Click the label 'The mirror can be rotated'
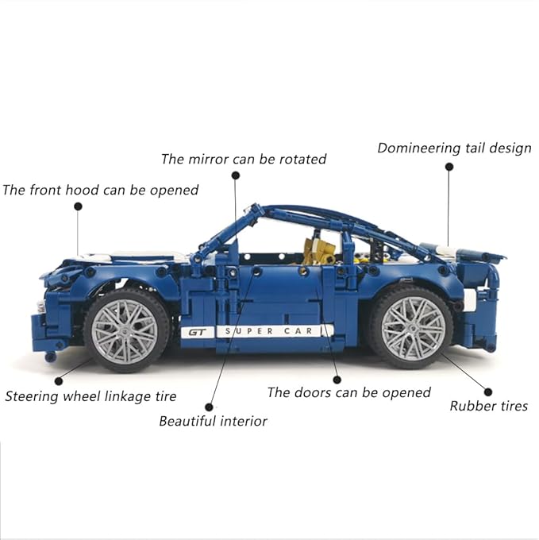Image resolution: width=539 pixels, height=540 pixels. point(244,159)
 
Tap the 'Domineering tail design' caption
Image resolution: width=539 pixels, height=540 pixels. point(454,148)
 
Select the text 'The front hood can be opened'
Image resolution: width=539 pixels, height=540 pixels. point(100,190)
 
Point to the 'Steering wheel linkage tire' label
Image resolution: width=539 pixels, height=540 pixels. point(90,395)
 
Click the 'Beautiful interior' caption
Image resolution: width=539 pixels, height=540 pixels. point(213,421)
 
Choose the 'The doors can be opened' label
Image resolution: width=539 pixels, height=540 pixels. point(348,392)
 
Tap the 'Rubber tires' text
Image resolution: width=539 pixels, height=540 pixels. point(488,406)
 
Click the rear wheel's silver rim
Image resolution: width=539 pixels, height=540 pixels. point(413,327)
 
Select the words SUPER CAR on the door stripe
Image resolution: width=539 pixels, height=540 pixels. point(272,330)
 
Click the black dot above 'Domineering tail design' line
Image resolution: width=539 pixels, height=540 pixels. point(449,167)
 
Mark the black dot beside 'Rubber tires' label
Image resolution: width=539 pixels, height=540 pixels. point(488,391)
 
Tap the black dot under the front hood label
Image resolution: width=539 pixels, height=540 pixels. point(78,206)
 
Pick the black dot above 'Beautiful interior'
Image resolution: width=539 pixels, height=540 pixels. point(210,406)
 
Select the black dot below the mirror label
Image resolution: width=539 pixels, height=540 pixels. point(235,173)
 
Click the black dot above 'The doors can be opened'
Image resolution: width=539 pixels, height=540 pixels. point(337,380)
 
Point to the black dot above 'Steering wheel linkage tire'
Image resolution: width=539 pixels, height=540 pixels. point(58,380)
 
